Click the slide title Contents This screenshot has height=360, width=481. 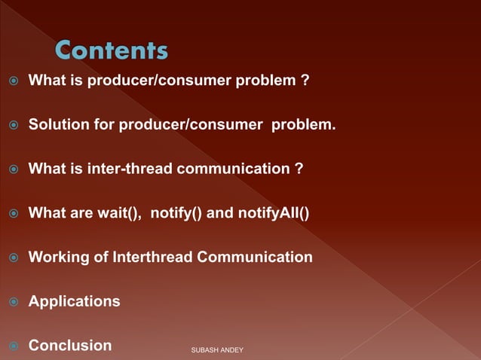112,51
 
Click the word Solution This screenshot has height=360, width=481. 59,124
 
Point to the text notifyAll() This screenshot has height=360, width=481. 273,213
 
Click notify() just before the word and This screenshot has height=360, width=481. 176,213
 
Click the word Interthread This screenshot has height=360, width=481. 153,258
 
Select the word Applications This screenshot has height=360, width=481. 74,302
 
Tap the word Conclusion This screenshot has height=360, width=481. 70,346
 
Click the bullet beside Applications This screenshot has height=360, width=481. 13,302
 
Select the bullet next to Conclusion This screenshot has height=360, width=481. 13,346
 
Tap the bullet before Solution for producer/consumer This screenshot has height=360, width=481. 13,125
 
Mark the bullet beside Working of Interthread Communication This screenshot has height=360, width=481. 13,258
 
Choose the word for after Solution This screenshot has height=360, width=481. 104,124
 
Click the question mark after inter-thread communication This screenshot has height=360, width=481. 299,169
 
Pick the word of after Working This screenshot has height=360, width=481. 100,258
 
